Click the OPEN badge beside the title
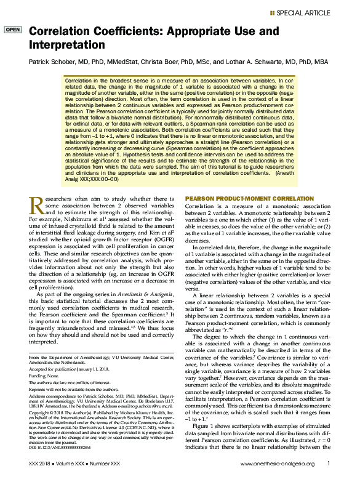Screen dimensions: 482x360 point(12,30)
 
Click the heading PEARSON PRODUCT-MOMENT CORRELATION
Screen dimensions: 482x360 point(249,199)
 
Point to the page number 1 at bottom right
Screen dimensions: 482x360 point(329,464)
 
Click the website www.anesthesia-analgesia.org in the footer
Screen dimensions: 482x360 point(278,464)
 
